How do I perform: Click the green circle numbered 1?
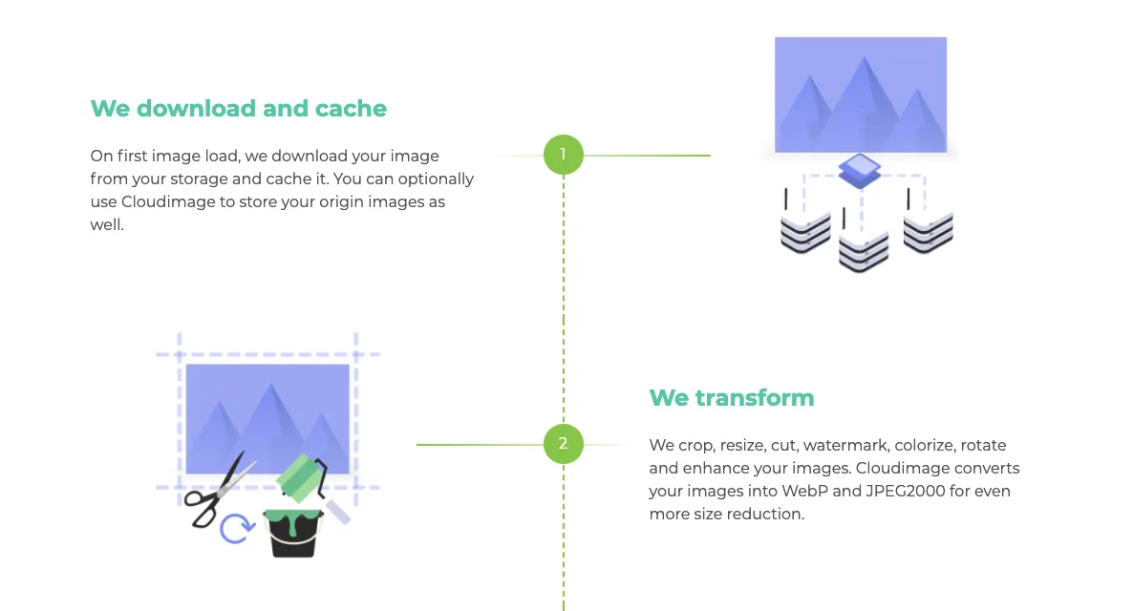[564, 155]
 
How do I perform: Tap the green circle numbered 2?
[564, 443]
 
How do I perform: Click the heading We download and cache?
[239, 108]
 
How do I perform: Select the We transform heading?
[731, 397]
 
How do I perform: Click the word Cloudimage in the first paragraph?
[167, 201]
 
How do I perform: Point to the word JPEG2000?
[906, 491]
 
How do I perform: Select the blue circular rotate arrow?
[237, 528]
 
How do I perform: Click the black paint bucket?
[292, 533]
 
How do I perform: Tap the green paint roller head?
[299, 477]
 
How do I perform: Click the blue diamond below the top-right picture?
[859, 171]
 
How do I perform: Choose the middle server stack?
[864, 251]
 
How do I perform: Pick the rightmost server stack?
[928, 232]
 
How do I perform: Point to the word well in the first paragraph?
[105, 224]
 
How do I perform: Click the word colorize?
[925, 446]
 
